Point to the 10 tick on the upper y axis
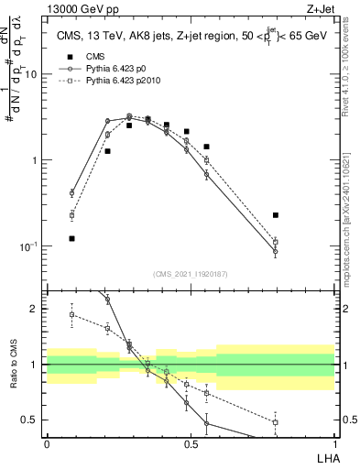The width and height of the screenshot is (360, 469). [x=34, y=74]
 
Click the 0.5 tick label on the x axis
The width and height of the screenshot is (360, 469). [x=191, y=443]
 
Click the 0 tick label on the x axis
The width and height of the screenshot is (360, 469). [x=47, y=443]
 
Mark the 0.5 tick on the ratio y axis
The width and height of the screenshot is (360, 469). [x=34, y=420]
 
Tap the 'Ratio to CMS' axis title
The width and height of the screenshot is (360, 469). [x=13, y=365]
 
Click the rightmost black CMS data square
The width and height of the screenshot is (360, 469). [x=276, y=215]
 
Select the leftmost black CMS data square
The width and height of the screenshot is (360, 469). [x=71, y=238]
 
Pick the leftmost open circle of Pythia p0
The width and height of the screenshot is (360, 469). [x=71, y=193]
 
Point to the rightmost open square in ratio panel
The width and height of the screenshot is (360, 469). [x=276, y=422]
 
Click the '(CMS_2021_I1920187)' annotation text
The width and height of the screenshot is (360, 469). [x=191, y=274]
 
